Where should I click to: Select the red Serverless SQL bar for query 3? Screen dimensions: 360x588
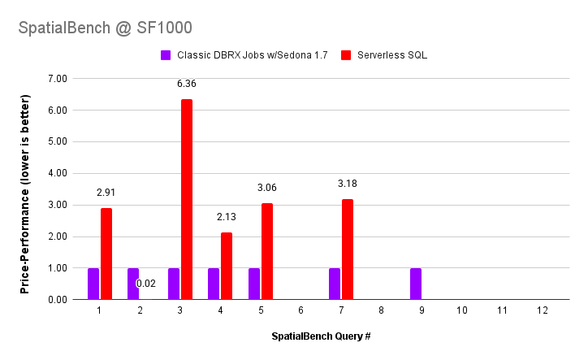pos(187,199)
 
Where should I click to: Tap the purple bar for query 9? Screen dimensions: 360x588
pos(415,284)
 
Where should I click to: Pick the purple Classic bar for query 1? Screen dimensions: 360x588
pos(93,284)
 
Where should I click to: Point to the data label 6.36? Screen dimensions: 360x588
pos(187,84)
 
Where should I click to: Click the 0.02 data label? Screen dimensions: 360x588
pos(146,284)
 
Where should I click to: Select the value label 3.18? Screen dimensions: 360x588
pos(348,184)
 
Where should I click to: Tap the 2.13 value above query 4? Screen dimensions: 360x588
pos(227,217)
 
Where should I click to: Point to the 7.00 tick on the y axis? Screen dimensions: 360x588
pos(58,79)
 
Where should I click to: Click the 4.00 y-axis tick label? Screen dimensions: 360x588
pos(58,173)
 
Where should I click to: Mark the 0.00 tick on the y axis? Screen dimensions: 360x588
pos(58,300)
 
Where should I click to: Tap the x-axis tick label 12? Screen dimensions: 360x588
pos(542,311)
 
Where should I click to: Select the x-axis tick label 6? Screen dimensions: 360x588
pos(300,311)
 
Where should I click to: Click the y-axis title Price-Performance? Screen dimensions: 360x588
pos(25,193)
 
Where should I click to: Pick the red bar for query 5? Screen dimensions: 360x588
pos(267,251)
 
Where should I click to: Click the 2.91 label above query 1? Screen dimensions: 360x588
pos(106,193)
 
